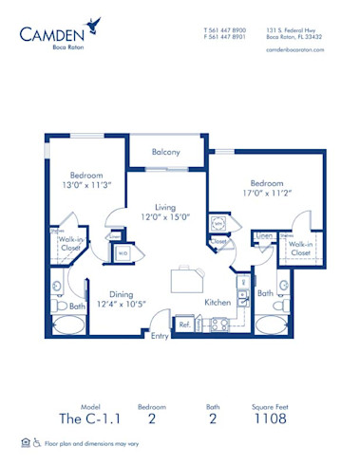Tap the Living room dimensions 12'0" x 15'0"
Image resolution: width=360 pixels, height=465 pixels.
point(167,217)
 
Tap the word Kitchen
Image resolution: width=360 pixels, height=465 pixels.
point(218,302)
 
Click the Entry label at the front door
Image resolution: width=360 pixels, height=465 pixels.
point(159,335)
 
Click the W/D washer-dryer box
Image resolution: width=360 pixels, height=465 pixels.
point(123,253)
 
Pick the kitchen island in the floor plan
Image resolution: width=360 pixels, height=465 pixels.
point(186,282)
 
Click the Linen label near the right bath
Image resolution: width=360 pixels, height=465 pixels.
point(264,234)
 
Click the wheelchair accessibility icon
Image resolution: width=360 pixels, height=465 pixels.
point(37,442)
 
